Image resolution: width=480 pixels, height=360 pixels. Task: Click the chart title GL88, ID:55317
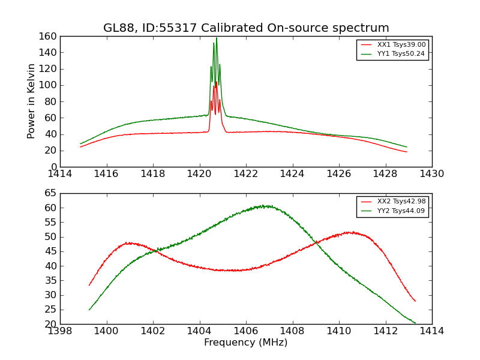click(246, 28)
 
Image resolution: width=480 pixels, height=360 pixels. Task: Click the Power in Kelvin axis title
click(31, 101)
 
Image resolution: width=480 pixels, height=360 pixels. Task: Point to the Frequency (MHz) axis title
click(246, 343)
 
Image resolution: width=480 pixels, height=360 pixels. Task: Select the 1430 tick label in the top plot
click(431, 174)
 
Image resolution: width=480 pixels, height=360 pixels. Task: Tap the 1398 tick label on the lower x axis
click(60, 331)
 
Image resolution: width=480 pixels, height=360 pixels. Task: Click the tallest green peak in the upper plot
click(217, 38)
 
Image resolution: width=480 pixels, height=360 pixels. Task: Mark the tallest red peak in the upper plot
click(216, 82)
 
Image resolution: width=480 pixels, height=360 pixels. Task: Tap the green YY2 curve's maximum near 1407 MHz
click(265, 206)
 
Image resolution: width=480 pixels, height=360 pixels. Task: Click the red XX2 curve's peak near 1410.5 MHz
click(349, 232)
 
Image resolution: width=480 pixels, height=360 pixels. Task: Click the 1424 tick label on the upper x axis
click(292, 174)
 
